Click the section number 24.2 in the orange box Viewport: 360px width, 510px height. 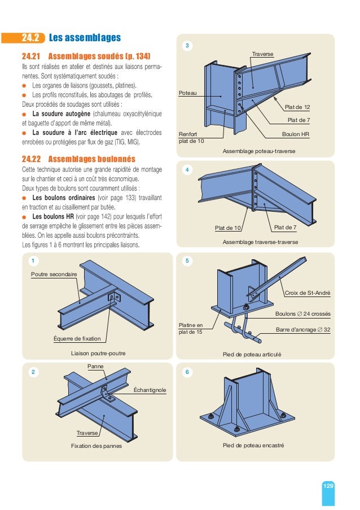(x=30, y=38)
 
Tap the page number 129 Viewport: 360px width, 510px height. (x=328, y=486)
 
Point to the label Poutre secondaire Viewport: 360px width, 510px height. (x=54, y=274)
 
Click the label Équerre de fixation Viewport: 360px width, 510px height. (x=77, y=339)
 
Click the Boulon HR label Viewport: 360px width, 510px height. (x=296, y=134)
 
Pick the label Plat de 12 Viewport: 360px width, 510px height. (x=297, y=106)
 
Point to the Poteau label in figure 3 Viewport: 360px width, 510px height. (x=188, y=92)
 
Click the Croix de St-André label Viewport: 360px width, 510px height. (x=308, y=293)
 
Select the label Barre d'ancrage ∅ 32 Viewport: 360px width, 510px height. (x=303, y=329)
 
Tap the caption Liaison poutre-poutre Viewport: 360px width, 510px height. (x=98, y=353)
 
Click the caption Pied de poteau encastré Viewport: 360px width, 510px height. (x=253, y=446)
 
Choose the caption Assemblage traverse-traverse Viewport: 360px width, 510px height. (x=253, y=242)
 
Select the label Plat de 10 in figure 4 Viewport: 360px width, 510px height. (x=229, y=228)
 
